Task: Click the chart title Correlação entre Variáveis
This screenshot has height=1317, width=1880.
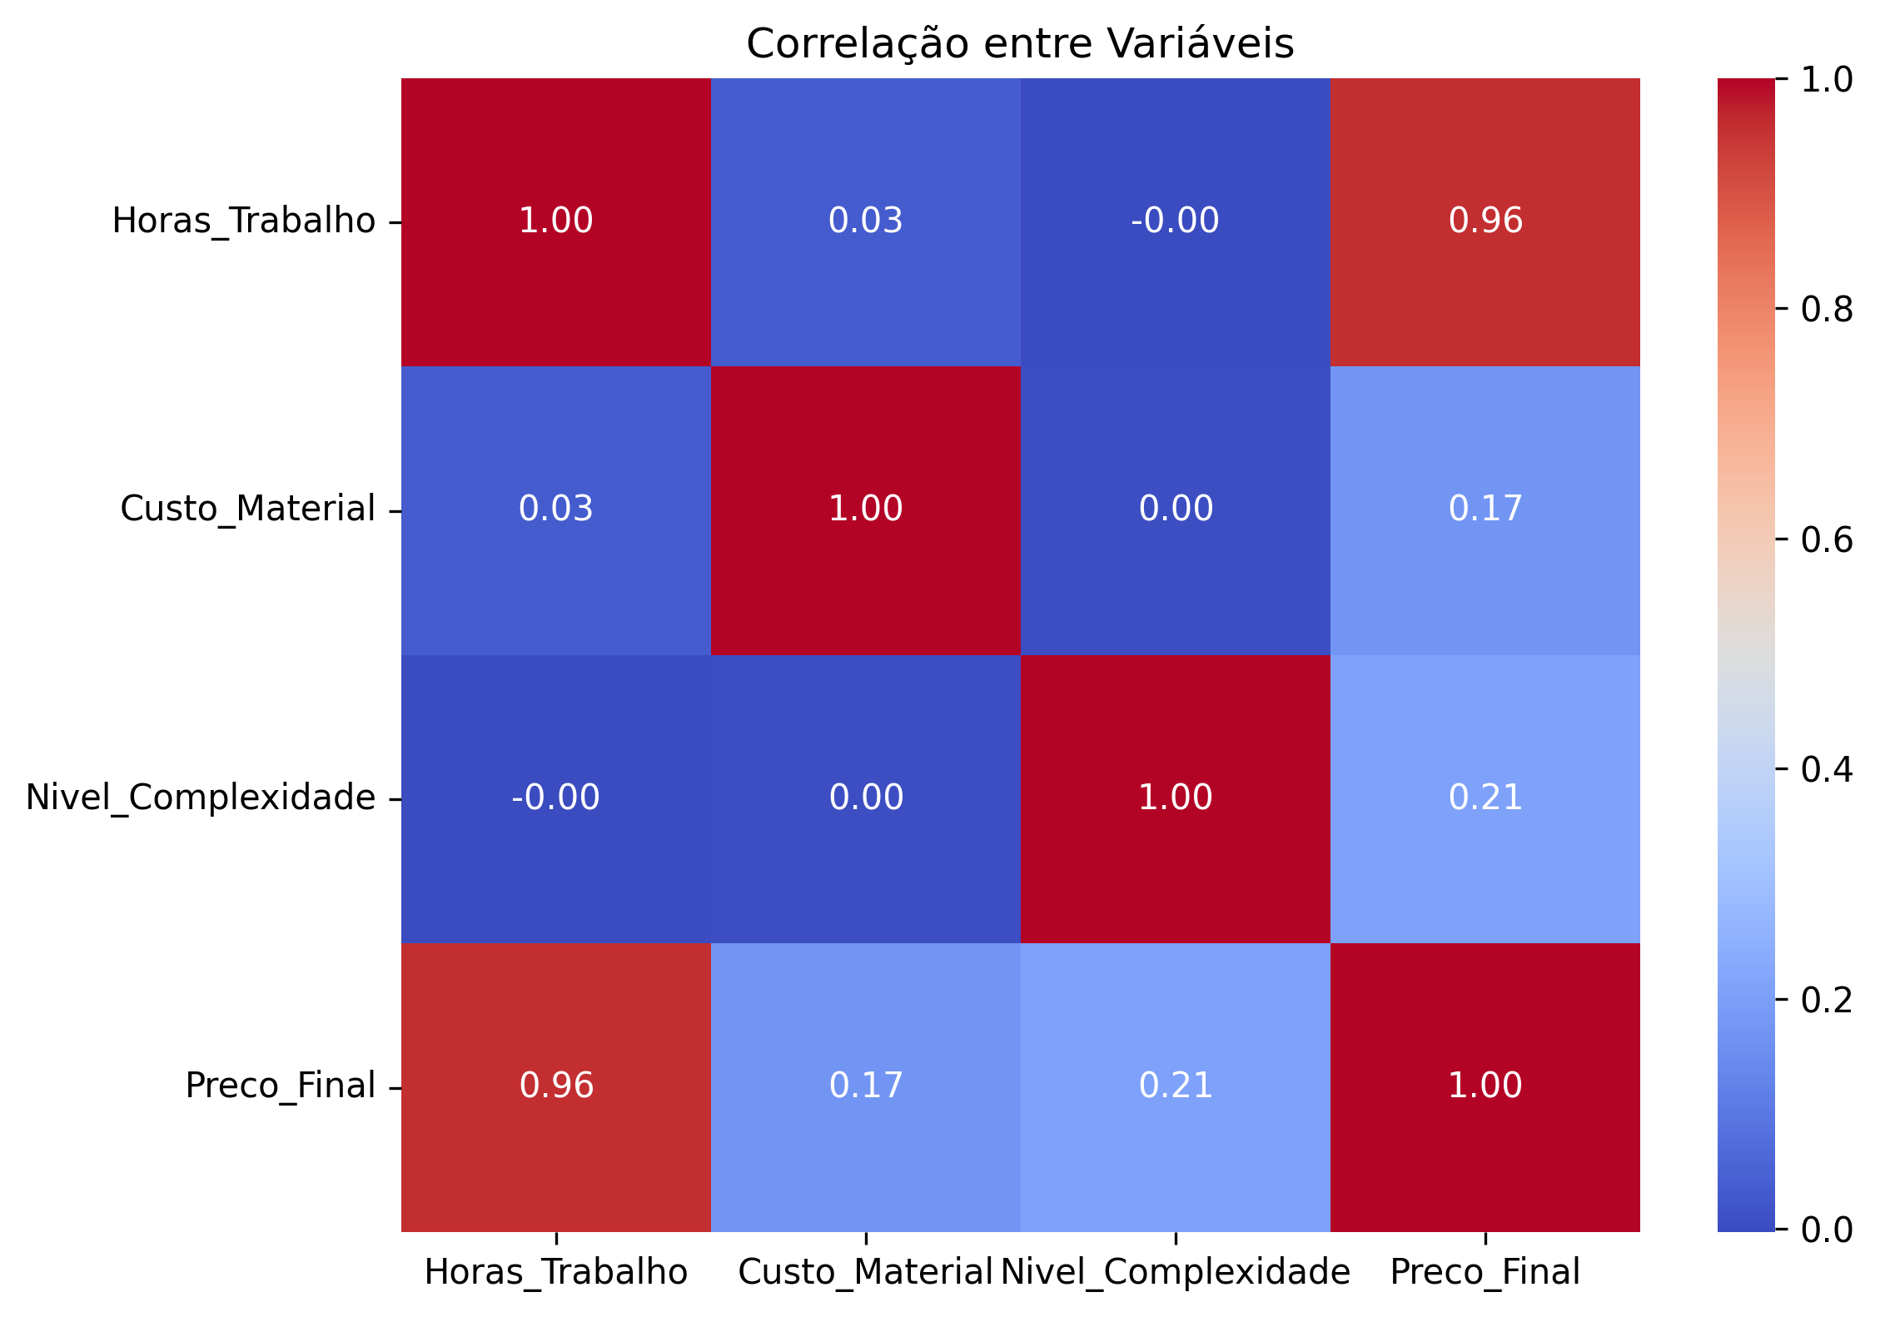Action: coord(1020,43)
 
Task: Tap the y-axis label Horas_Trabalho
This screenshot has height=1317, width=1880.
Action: coord(243,221)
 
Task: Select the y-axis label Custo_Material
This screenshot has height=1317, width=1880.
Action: coord(247,509)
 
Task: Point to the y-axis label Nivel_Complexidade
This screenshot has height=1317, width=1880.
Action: coord(201,798)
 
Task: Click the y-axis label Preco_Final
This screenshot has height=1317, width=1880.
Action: coord(280,1086)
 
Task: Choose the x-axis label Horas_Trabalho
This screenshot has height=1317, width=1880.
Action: coord(555,1272)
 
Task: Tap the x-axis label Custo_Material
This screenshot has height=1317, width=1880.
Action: coord(865,1272)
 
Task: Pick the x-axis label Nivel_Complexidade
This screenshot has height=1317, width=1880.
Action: coord(1175,1272)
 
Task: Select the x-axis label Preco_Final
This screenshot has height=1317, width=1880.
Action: coord(1485,1272)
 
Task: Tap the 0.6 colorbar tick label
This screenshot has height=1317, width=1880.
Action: coord(1827,539)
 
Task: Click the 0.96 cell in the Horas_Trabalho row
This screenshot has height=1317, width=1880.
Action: coord(1485,221)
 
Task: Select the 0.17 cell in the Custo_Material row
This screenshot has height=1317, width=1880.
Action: coord(1485,509)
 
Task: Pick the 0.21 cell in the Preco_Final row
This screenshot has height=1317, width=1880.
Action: coord(1176,1086)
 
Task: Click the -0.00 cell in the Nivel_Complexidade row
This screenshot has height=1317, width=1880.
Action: coord(555,798)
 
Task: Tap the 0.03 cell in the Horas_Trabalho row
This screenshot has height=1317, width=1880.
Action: coord(865,221)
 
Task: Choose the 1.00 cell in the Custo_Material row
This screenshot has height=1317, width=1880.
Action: coord(865,509)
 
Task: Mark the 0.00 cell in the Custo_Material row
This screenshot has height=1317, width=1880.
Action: coord(1176,509)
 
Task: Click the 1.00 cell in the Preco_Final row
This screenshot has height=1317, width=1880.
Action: coord(1485,1086)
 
